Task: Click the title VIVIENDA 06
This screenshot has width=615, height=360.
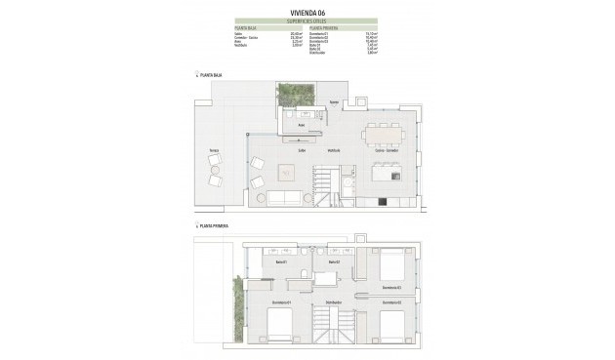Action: point(307,12)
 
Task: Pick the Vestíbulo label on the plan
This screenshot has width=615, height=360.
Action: point(333,150)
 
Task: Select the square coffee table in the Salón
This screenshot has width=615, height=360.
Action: point(287,174)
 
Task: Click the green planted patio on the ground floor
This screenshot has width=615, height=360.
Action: point(290,94)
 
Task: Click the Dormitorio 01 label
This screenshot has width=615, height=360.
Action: point(281,303)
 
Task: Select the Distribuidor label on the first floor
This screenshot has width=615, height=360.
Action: point(333,303)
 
